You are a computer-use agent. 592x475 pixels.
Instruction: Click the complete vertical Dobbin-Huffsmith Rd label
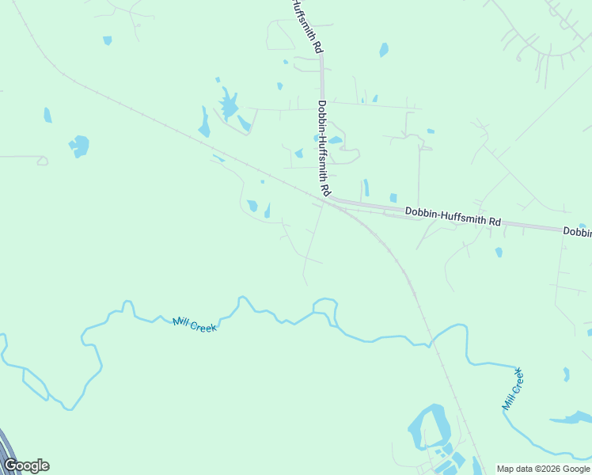coord(323,149)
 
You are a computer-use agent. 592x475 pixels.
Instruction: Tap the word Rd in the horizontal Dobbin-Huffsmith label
coord(494,222)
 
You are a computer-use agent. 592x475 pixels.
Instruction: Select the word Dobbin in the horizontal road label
coord(421,212)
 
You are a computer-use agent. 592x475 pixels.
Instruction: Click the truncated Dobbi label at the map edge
coord(577,232)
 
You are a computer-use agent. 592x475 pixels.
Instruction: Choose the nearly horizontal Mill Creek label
coord(195,324)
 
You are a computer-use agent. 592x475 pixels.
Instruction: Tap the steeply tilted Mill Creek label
coord(513,389)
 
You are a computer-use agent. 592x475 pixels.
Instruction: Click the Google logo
coord(26,465)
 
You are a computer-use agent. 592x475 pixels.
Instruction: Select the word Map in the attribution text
coord(507,469)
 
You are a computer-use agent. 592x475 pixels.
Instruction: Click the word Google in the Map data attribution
coord(575,469)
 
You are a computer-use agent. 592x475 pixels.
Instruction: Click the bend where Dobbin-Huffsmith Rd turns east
coord(328,198)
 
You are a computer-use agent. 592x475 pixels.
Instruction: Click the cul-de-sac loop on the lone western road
coord(42,161)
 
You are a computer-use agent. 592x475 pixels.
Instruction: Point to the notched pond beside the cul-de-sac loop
coord(79,146)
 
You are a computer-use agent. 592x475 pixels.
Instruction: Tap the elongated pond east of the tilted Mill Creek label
coord(571,417)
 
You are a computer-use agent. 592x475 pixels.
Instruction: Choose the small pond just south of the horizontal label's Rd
coord(499,253)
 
